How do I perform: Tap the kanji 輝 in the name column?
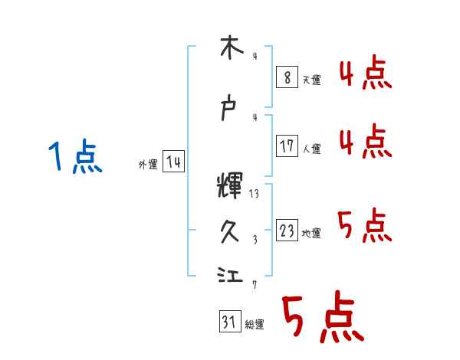[x=230, y=186]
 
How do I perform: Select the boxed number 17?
[x=287, y=146]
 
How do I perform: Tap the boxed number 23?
[x=287, y=231]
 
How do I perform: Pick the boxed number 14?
[x=173, y=162]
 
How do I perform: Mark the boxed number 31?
[x=228, y=322]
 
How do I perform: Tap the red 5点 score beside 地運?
[x=365, y=226]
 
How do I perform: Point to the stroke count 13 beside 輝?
[x=254, y=194]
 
